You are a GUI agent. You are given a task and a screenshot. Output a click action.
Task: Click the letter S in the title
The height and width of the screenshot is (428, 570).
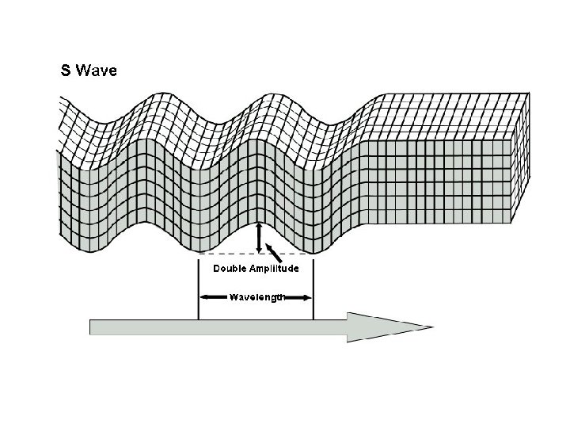pos(66,71)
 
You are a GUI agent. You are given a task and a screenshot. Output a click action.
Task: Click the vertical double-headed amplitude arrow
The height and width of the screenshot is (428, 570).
pos(258,239)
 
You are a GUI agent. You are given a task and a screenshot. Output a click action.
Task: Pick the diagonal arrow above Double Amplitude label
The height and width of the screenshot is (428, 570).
pos(275,254)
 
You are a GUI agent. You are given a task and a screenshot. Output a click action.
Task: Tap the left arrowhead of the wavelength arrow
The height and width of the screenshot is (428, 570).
pos(203,297)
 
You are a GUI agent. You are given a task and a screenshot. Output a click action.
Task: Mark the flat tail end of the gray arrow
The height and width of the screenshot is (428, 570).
pos(92,327)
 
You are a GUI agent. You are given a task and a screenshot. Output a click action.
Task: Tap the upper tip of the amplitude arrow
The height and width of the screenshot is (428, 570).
pos(258,226)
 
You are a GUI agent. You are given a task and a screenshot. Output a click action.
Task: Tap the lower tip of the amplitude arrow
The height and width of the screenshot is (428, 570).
pos(258,252)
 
